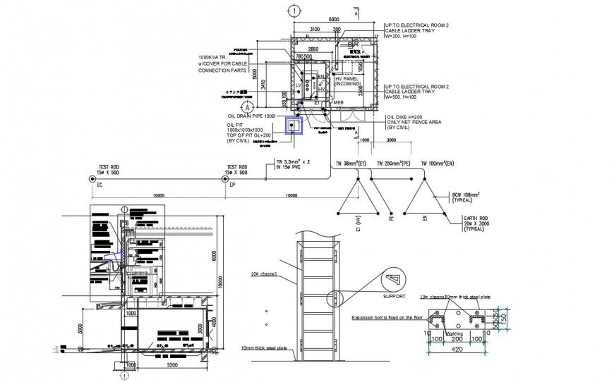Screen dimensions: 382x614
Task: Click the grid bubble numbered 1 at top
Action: (294, 11)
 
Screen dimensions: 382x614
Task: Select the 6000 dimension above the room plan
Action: (334, 20)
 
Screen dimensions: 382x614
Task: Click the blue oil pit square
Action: (293, 125)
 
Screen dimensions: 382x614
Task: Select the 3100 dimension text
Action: (318, 29)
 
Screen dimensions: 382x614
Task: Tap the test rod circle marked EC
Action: (92, 179)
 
